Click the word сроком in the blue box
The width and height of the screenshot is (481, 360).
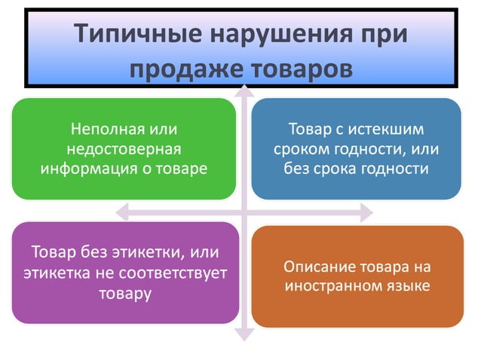tap(302, 148)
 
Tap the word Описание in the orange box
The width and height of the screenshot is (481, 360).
tap(317, 267)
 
